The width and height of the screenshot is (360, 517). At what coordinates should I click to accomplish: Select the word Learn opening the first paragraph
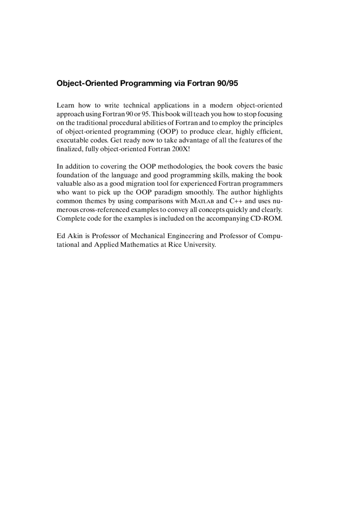coord(65,105)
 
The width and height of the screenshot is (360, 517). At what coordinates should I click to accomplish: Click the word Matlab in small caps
coord(202,201)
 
